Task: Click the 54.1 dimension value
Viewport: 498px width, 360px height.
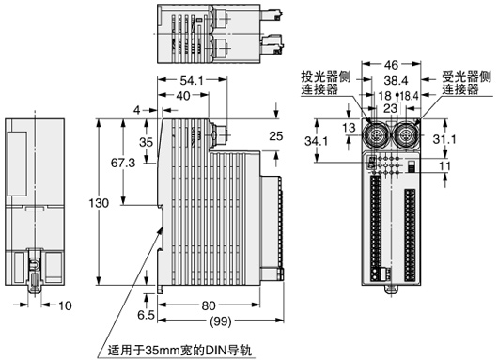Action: (192, 81)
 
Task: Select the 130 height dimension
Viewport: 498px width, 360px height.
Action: (99, 203)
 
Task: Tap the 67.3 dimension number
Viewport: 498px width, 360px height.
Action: (123, 163)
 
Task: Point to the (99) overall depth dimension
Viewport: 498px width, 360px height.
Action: (221, 321)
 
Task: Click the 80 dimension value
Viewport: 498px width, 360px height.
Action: (209, 305)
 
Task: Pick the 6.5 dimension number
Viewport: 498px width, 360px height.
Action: (146, 315)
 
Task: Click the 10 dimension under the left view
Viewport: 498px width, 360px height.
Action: (65, 305)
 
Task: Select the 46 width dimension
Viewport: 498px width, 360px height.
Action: (391, 65)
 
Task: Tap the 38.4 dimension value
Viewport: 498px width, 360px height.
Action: (396, 81)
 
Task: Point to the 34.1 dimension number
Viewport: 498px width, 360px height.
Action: (317, 140)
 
